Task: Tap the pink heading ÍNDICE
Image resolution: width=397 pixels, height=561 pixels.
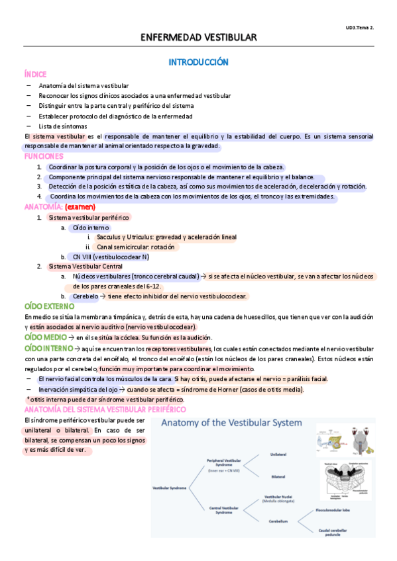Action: [34, 75]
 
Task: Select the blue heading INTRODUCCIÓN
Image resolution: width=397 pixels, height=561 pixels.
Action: [198, 62]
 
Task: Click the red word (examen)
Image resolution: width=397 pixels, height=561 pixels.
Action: [80, 206]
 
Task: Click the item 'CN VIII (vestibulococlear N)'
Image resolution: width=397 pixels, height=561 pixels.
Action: [111, 257]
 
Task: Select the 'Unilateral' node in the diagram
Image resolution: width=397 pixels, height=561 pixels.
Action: [278, 454]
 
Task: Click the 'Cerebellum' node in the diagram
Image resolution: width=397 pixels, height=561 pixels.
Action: [278, 520]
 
